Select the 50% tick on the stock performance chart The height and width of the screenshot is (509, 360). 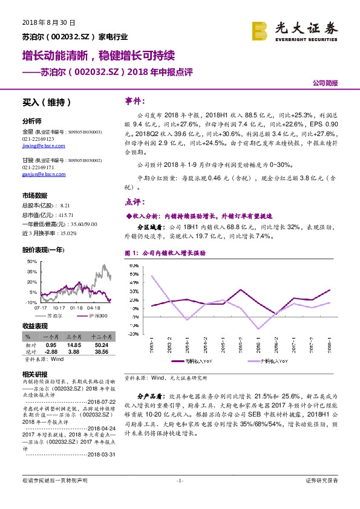pyautogui.click(x=32, y=261)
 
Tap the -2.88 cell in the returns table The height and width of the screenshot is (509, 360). pyautogui.click(x=50, y=351)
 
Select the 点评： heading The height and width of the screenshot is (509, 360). pyautogui.click(x=134, y=201)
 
